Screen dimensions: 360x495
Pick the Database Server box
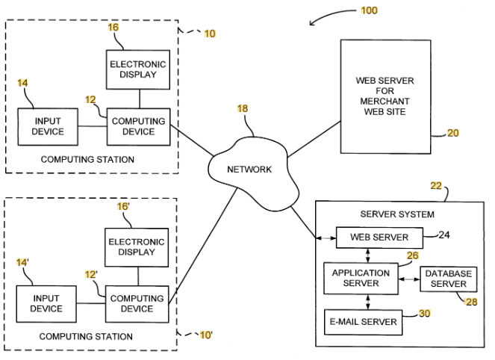[448, 279]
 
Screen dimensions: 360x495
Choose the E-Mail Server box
[362, 321]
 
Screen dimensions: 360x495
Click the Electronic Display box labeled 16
[139, 70]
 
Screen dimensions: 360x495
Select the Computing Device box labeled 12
[138, 126]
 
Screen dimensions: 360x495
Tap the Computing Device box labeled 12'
[138, 303]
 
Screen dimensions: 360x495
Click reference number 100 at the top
[368, 10]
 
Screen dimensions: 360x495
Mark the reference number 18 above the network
[243, 109]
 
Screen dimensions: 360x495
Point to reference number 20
[453, 133]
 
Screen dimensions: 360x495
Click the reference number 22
[436, 186]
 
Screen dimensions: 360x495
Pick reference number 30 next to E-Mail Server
[424, 313]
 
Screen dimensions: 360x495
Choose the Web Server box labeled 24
[379, 238]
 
